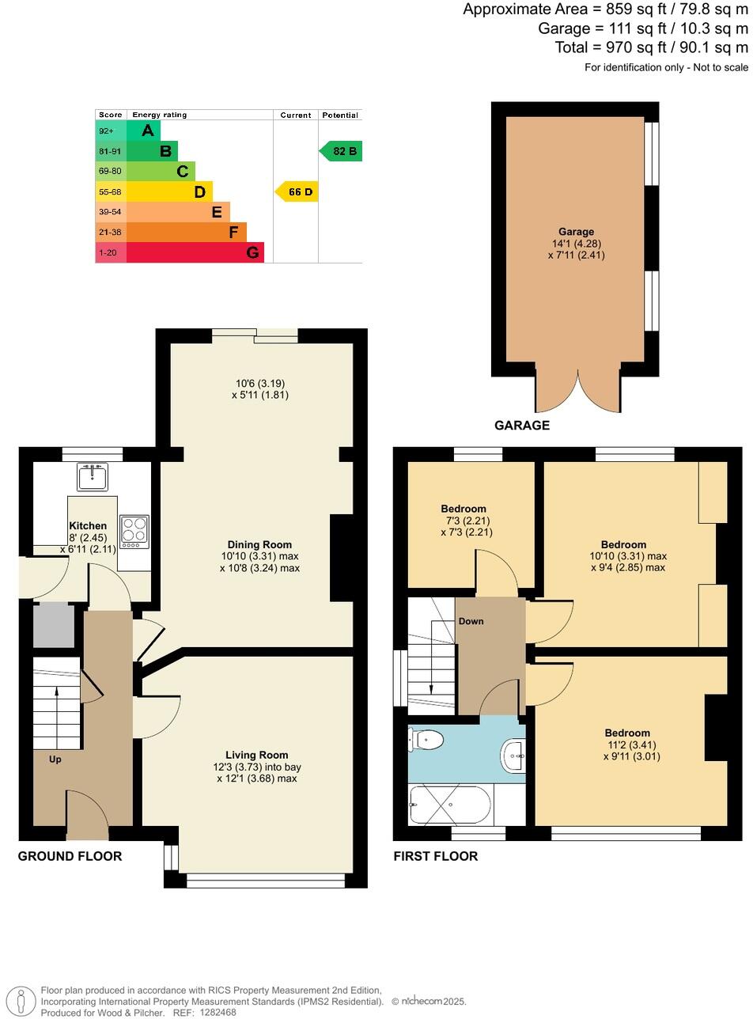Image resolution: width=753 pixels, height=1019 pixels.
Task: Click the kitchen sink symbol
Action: click(x=93, y=477)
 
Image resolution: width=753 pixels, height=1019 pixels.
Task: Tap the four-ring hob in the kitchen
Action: click(x=134, y=531)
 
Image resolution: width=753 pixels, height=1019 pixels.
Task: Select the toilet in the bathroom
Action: click(x=426, y=741)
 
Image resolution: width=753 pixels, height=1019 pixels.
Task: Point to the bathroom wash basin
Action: click(x=513, y=756)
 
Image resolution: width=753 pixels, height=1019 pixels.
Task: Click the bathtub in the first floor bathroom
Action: click(x=450, y=805)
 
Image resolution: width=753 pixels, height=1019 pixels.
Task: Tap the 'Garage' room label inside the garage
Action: click(x=575, y=232)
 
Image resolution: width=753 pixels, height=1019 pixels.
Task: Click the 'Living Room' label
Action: click(x=256, y=755)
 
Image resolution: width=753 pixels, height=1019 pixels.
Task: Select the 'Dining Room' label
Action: click(x=259, y=544)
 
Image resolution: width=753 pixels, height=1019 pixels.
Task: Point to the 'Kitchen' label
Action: click(x=88, y=525)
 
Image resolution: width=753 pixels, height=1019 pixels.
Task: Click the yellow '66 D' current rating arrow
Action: click(x=297, y=191)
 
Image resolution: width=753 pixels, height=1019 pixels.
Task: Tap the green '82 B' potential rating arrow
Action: click(x=342, y=151)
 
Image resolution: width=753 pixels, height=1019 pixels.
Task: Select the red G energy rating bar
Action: click(x=194, y=252)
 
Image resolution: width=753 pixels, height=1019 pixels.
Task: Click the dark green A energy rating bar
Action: click(x=143, y=131)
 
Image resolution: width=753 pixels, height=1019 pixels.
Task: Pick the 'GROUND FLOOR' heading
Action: click(x=70, y=856)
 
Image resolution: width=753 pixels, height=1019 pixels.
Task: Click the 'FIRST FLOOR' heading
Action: click(x=436, y=856)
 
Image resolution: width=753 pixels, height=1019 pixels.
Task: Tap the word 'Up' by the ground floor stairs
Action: click(x=55, y=760)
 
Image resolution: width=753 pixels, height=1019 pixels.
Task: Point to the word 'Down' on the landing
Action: click(x=471, y=621)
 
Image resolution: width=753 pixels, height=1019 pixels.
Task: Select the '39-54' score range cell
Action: click(x=110, y=212)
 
